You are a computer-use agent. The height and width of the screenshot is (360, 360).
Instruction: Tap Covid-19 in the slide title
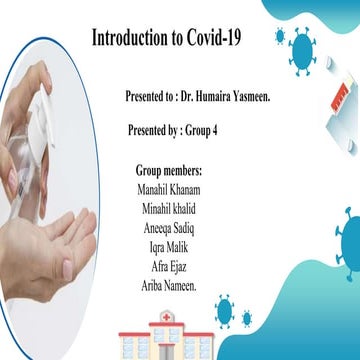[x=223, y=39]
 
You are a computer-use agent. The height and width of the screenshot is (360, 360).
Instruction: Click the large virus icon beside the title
[x=299, y=47]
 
